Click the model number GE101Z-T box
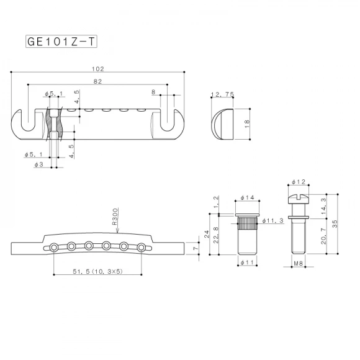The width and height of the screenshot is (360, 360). tap(61, 42)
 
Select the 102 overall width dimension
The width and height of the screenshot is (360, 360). tap(97, 69)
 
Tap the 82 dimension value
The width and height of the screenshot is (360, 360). tap(98, 81)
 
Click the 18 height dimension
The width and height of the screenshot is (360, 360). tap(247, 124)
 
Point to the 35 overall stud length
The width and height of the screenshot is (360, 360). tap(336, 224)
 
